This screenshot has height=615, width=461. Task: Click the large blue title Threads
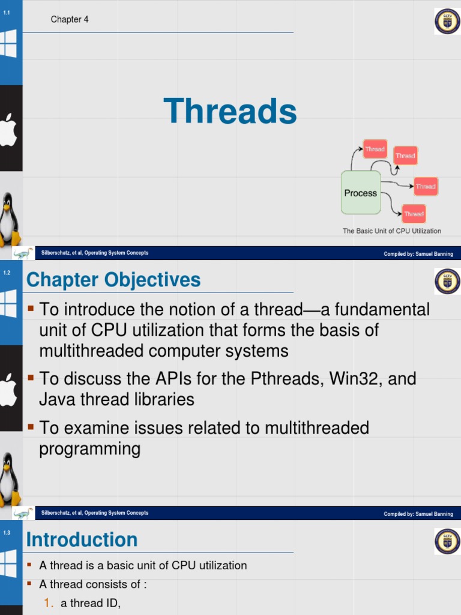point(230,112)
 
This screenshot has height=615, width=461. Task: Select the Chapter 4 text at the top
point(70,19)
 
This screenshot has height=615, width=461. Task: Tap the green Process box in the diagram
point(361,193)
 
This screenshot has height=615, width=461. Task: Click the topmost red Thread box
point(375,149)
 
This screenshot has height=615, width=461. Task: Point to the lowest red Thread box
point(414,214)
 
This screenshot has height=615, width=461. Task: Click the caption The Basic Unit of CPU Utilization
point(391,231)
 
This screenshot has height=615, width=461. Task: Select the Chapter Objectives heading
point(113,280)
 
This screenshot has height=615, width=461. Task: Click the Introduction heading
point(82,539)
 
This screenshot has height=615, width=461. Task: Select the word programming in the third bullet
point(90,449)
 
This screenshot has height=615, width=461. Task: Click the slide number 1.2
point(7,273)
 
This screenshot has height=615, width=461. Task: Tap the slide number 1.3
point(7,532)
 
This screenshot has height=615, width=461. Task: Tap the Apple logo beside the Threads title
point(8,129)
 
